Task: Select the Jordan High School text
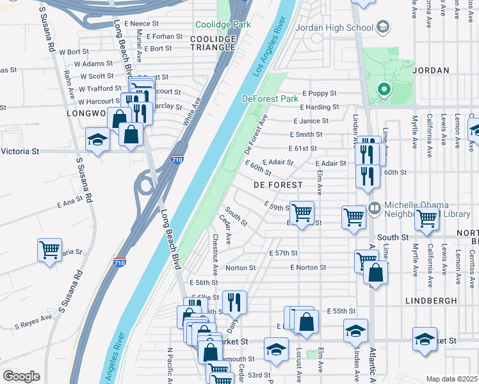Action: click(334, 28)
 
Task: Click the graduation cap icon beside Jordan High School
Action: click(382, 27)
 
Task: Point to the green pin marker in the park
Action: click(384, 90)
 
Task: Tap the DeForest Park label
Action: click(270, 99)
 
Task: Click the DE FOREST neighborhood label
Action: click(277, 184)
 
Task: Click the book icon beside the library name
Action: click(375, 207)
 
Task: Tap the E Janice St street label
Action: click(311, 120)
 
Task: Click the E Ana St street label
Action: click(70, 204)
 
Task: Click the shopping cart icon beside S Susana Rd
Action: click(49, 250)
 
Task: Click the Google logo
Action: click(21, 376)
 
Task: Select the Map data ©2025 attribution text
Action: click(451, 379)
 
